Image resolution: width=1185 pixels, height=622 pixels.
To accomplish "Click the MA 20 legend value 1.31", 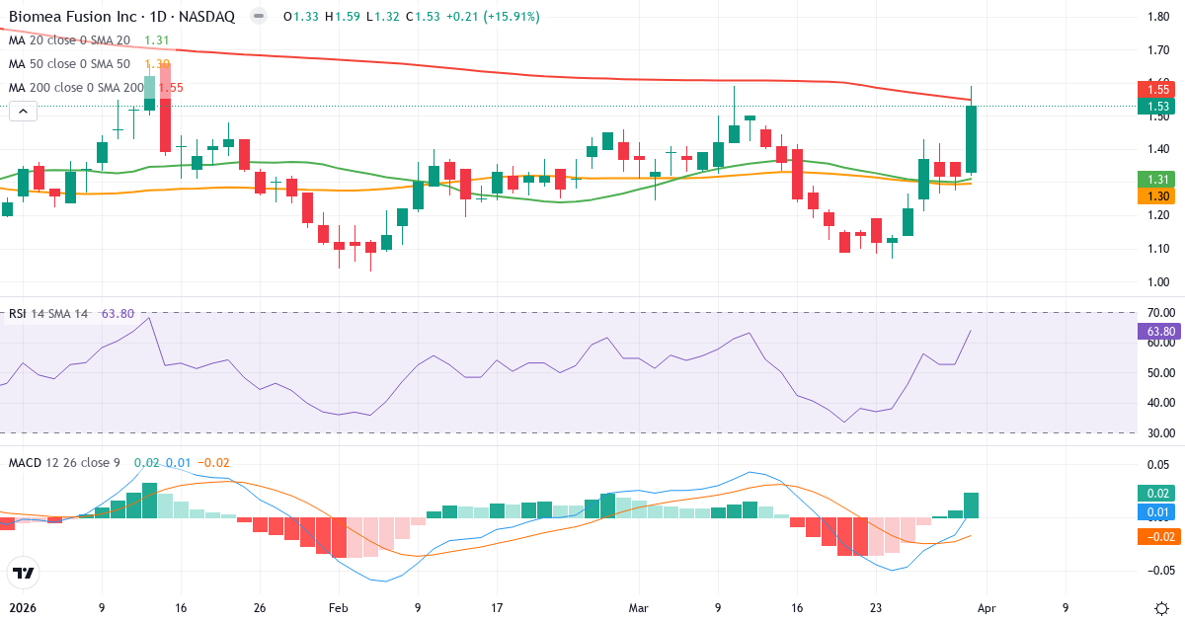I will click(157, 40).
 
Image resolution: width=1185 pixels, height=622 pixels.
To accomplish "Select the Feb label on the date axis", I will click(338, 608).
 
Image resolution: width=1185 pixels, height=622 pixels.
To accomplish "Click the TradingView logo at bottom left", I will click(23, 573).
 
